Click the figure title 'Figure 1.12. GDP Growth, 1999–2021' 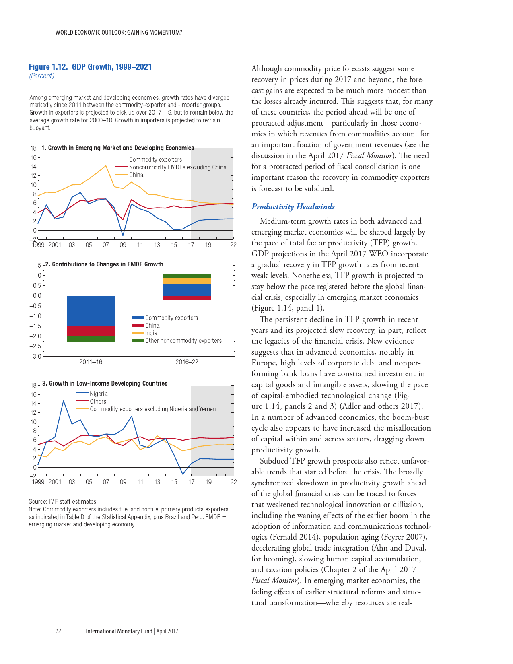90,67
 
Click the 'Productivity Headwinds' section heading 293,206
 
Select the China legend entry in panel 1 136,175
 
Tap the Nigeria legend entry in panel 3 99,394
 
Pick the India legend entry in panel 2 151,333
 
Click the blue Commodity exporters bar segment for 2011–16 91,311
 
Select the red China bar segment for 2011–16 91,331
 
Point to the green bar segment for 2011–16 91,339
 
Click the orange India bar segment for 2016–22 187,280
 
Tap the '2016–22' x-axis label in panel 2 187,362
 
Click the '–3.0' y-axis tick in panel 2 35,357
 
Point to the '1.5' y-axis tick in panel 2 37,265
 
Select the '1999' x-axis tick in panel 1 38,245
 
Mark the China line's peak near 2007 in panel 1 106,166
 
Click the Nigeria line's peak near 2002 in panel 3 64,401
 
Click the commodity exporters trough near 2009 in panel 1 123,235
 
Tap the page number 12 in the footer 58,631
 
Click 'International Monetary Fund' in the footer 119,631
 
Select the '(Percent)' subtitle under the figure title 41,76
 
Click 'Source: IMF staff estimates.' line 63,501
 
